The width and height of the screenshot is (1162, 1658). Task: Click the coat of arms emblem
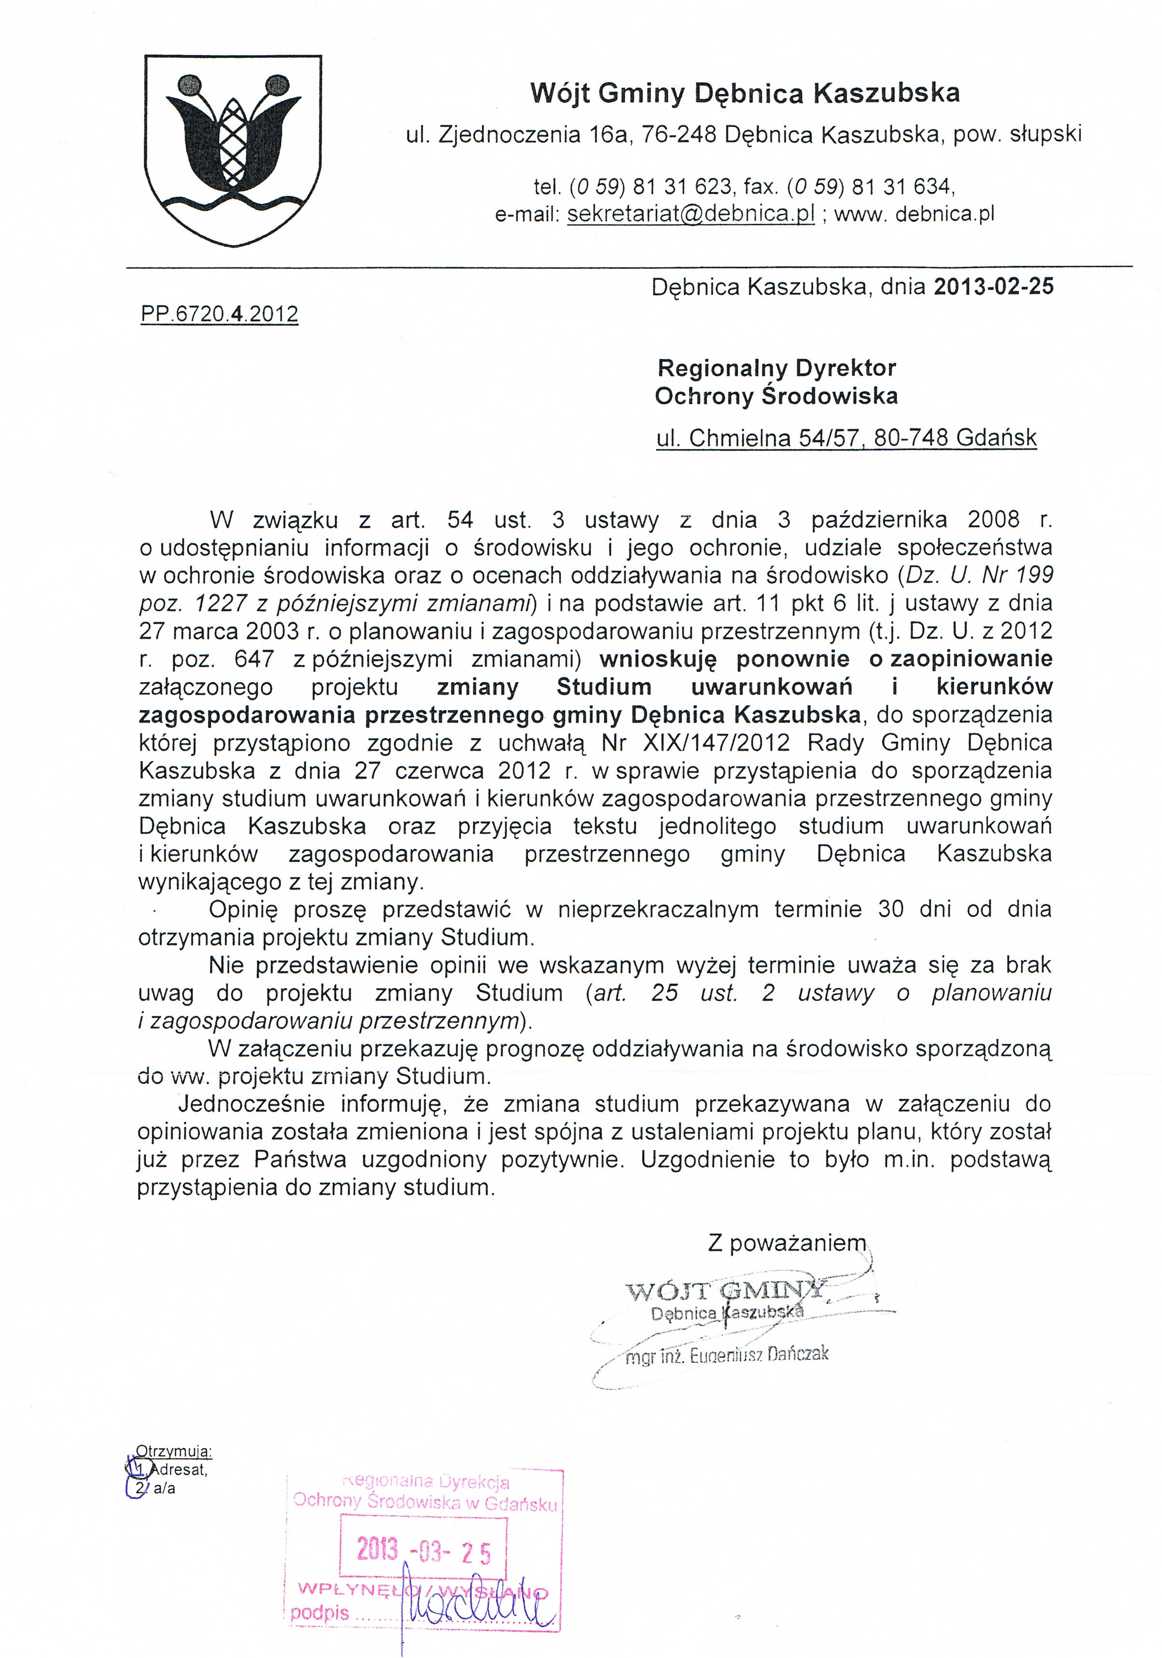(232, 150)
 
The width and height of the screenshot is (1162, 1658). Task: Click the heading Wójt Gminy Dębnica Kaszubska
(745, 93)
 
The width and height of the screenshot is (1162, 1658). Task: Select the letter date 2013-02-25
(993, 287)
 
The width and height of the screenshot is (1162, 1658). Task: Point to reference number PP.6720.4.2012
(219, 314)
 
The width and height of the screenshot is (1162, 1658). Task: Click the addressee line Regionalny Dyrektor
(776, 368)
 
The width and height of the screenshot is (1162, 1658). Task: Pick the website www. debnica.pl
(914, 214)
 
